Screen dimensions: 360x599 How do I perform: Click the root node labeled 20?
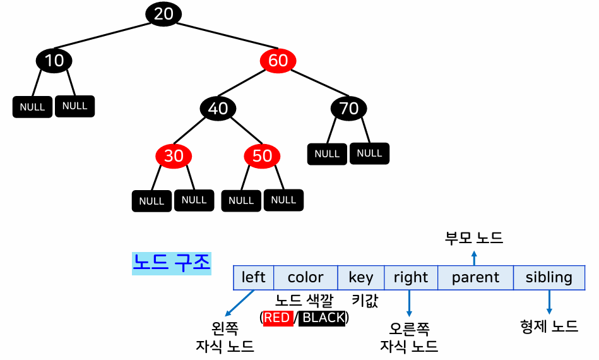(x=163, y=14)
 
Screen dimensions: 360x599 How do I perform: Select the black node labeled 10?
(x=54, y=61)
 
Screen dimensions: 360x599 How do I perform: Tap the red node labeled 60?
(x=278, y=61)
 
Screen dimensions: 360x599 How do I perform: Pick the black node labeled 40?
(x=218, y=109)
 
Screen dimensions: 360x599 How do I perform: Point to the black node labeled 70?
(x=349, y=109)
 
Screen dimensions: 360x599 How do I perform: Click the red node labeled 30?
(x=174, y=156)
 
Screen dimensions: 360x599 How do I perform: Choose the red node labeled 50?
(x=262, y=156)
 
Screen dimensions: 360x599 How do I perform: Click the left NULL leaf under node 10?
(x=32, y=107)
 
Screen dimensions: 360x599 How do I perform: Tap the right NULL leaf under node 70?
(x=370, y=153)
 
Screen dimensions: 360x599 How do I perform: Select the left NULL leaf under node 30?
(x=151, y=201)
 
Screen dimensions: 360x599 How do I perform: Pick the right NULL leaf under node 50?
(x=283, y=200)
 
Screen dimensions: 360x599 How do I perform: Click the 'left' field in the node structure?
(x=254, y=277)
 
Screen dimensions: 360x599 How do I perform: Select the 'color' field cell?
(x=305, y=277)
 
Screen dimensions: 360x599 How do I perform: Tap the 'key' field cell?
(x=361, y=277)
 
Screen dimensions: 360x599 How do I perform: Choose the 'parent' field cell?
(x=475, y=277)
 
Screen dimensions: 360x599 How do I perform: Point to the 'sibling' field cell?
(x=549, y=277)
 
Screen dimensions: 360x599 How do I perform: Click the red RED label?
(x=278, y=318)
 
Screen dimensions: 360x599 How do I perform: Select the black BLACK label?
(x=323, y=318)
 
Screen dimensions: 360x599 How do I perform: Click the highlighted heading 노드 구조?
(x=171, y=263)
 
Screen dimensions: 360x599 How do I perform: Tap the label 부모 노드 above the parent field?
(x=474, y=238)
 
